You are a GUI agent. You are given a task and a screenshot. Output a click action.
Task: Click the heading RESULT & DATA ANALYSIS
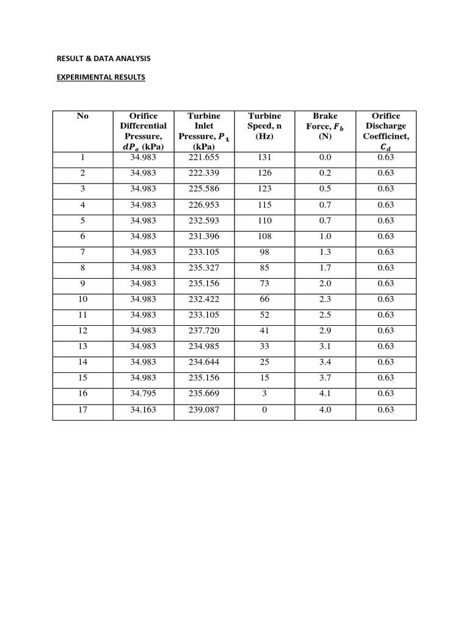[103, 59]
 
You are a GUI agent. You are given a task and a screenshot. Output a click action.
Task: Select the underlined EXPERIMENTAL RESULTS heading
[101, 78]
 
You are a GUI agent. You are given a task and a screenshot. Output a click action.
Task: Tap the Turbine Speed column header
[264, 126]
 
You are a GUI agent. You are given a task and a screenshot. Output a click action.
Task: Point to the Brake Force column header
[325, 126]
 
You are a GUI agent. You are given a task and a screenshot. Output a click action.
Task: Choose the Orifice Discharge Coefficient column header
[386, 131]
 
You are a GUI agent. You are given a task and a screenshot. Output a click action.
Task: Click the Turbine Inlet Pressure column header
[204, 131]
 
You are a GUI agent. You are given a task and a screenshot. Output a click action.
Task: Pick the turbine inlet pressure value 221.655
[204, 158]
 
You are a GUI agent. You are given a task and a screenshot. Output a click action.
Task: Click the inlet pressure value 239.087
[204, 410]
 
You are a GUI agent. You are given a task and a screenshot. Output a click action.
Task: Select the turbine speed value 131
[264, 158]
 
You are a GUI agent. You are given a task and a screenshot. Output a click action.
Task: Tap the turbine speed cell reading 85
[264, 268]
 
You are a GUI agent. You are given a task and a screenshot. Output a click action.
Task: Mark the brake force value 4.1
[325, 394]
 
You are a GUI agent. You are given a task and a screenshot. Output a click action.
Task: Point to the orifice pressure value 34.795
[144, 394]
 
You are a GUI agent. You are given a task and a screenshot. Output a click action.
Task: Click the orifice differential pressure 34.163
[144, 410]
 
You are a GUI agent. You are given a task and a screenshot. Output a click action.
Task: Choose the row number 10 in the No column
[83, 300]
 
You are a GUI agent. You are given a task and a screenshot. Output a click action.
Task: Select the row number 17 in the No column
[83, 410]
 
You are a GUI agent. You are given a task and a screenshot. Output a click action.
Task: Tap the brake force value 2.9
[325, 331]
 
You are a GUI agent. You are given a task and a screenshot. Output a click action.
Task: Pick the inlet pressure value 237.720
[204, 331]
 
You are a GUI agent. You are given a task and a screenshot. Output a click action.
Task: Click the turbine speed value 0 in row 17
[264, 410]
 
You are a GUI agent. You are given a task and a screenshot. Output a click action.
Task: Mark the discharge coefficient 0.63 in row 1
[386, 158]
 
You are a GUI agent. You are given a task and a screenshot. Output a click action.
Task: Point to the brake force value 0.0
[325, 158]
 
